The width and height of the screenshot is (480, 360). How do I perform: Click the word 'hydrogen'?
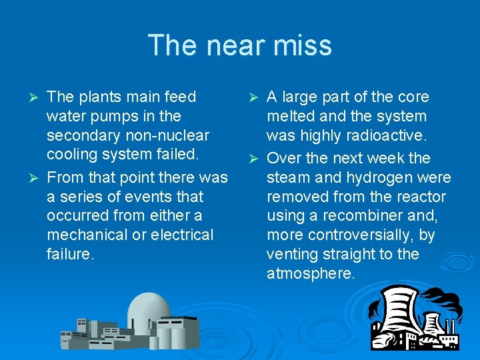point(381,177)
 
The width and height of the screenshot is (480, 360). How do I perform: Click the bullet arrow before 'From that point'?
point(37,178)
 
